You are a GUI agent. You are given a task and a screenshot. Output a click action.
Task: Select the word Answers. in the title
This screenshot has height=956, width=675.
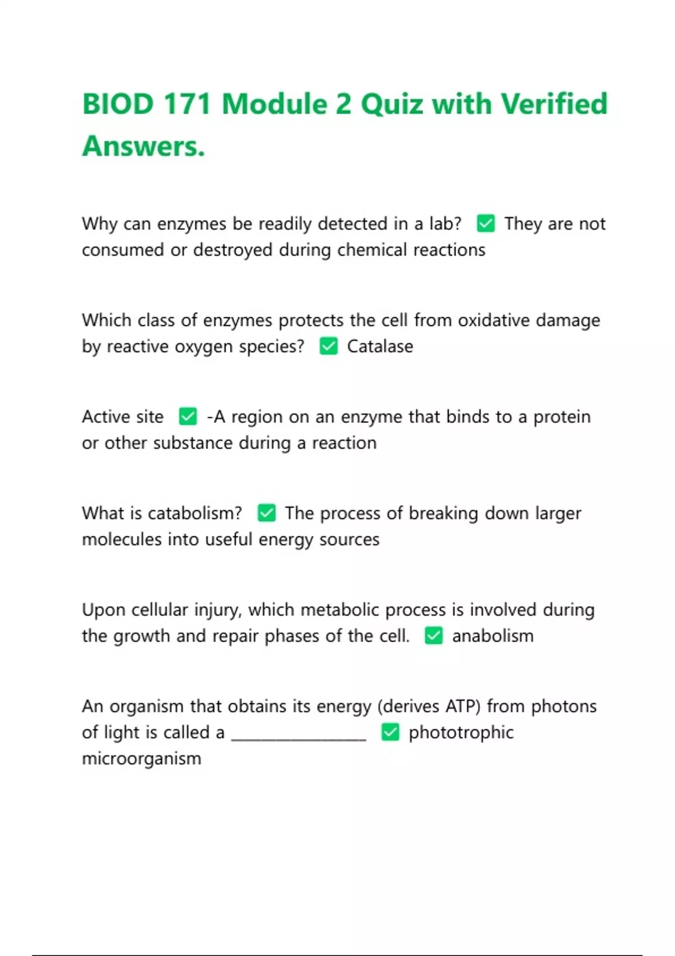click(143, 146)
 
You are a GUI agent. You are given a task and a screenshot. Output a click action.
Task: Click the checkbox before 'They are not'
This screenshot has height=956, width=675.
click(485, 224)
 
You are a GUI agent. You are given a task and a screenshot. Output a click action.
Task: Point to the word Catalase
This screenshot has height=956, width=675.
click(380, 346)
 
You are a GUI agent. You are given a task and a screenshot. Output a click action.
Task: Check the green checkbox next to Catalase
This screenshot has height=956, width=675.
click(328, 346)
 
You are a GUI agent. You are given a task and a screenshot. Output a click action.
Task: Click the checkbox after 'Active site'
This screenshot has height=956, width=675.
click(188, 417)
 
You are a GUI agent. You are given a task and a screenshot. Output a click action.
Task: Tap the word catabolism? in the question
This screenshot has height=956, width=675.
click(195, 513)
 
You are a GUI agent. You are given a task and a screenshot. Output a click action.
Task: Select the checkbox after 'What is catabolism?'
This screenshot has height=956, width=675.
click(267, 513)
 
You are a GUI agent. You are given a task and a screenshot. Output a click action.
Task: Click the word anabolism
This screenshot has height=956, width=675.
click(493, 636)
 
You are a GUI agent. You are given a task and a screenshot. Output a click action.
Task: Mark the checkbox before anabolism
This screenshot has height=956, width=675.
click(434, 636)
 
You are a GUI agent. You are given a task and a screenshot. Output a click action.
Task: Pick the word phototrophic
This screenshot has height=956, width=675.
click(461, 733)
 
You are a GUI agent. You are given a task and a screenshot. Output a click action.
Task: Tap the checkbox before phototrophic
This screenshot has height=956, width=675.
click(390, 733)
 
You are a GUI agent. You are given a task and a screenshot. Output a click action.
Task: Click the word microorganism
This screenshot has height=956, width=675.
click(141, 759)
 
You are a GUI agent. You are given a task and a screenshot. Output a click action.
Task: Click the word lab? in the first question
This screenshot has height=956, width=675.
click(445, 224)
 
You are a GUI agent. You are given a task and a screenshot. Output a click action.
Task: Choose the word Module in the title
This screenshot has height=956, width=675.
click(274, 105)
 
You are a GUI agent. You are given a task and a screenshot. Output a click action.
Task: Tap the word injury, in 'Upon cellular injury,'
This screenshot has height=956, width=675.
click(218, 610)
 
